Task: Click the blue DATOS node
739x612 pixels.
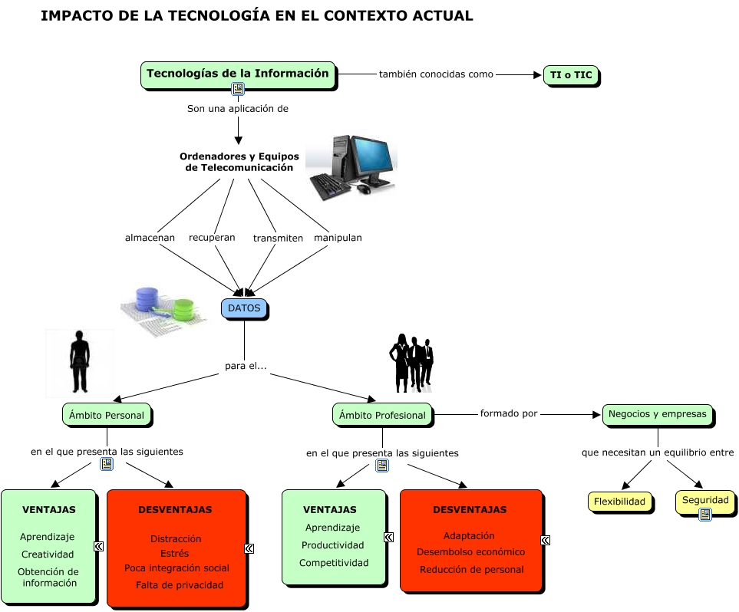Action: tap(244, 308)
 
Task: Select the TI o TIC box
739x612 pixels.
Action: tap(571, 75)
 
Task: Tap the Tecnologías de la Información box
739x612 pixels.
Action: tap(238, 74)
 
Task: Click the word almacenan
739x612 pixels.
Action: tap(150, 238)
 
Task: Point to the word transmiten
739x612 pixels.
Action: tap(278, 239)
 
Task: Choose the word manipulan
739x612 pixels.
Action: tap(338, 238)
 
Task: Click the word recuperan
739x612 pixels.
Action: tap(212, 238)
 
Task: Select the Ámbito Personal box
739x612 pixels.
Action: tap(107, 415)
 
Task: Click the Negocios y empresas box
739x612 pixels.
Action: tap(657, 414)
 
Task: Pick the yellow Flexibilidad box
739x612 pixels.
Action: tap(620, 502)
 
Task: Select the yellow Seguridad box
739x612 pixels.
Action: tap(704, 501)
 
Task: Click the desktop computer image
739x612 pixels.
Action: tap(351, 163)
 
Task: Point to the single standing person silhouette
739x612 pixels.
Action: tap(79, 362)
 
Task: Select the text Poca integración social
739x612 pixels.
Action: tap(177, 568)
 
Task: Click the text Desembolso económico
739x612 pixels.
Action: tap(470, 552)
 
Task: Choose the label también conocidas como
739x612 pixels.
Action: tap(436, 74)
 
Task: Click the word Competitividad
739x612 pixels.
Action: tap(334, 563)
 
